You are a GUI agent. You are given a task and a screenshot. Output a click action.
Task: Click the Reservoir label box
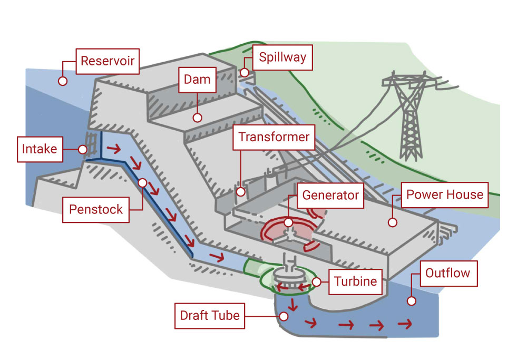pyautogui.click(x=108, y=61)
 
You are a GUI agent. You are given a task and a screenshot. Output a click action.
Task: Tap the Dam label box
pyautogui.click(x=197, y=80)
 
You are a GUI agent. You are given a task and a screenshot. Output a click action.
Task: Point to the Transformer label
pyautogui.click(x=274, y=137)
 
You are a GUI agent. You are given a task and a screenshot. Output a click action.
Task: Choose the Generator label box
pyautogui.click(x=330, y=195)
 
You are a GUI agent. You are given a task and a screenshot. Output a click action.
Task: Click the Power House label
pyautogui.click(x=445, y=194)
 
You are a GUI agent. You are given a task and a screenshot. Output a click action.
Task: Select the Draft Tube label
pyautogui.click(x=210, y=316)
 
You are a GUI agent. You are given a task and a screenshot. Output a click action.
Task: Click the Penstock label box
pyautogui.click(x=96, y=209)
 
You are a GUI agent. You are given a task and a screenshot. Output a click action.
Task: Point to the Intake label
pyautogui.click(x=40, y=149)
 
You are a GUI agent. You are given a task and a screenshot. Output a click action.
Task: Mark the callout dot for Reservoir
pyautogui.click(x=62, y=81)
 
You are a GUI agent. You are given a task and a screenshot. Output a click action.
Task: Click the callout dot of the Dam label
pyautogui.click(x=197, y=118)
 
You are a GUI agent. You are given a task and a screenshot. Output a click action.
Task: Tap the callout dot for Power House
pyautogui.click(x=392, y=222)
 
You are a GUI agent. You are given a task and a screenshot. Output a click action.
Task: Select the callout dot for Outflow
pyautogui.click(x=412, y=301)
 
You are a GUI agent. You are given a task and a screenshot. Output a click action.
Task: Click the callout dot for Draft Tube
pyautogui.click(x=283, y=316)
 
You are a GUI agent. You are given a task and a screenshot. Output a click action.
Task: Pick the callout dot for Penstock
pyautogui.click(x=142, y=182)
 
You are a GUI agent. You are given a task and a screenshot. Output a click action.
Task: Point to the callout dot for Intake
pyautogui.click(x=83, y=150)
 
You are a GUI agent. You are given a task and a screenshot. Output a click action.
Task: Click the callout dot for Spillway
pyautogui.click(x=245, y=71)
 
